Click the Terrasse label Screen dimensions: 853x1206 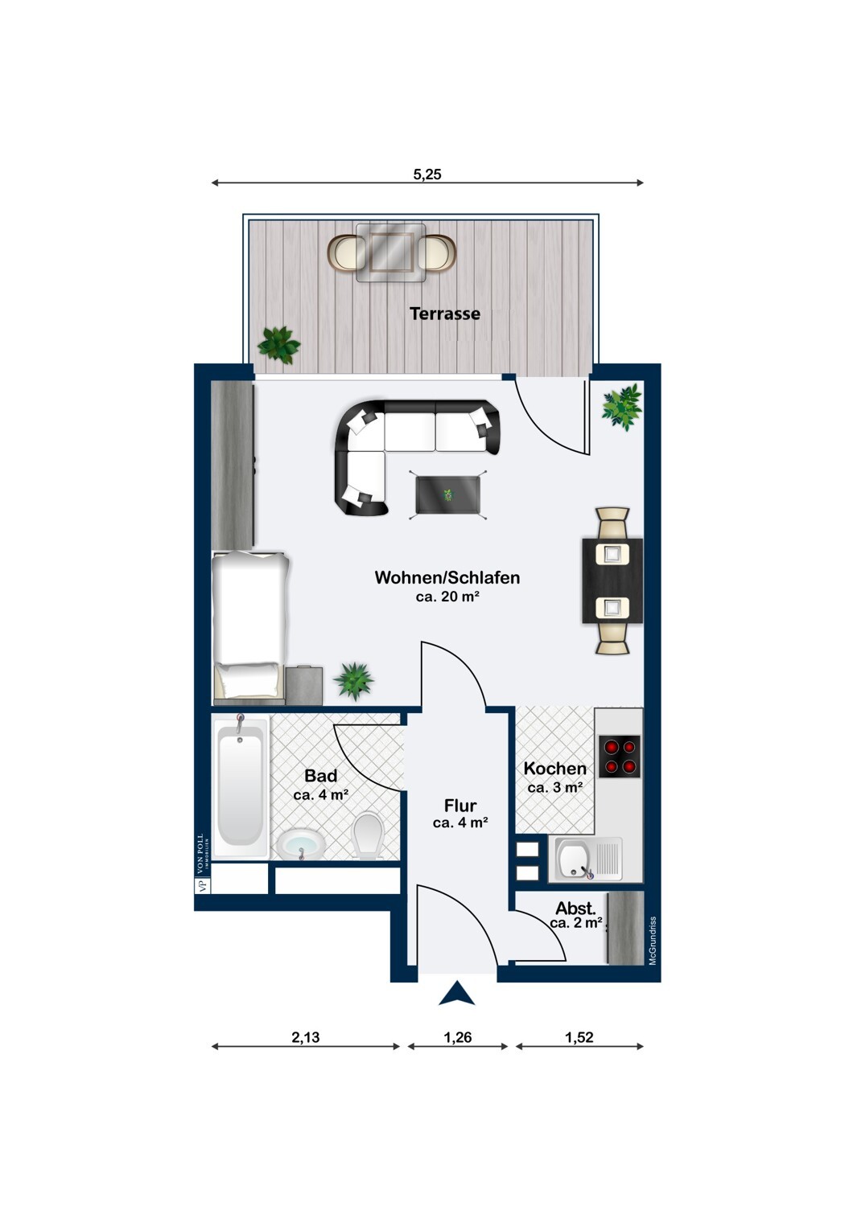point(444,314)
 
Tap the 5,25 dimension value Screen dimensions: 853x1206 point(426,174)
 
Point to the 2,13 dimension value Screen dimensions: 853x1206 point(306,1037)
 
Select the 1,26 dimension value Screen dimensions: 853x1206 point(458,1037)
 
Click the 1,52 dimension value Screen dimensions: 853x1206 point(579,1037)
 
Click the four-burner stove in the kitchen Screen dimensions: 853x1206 point(620,757)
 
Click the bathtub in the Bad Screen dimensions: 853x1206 point(241,787)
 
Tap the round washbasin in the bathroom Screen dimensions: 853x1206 point(301,846)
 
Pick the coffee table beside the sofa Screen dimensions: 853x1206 point(448,494)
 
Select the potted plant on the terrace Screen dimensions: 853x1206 point(278,345)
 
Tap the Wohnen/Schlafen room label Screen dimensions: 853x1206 point(447,577)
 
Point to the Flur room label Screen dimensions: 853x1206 point(460,806)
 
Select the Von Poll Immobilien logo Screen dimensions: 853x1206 point(201,863)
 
